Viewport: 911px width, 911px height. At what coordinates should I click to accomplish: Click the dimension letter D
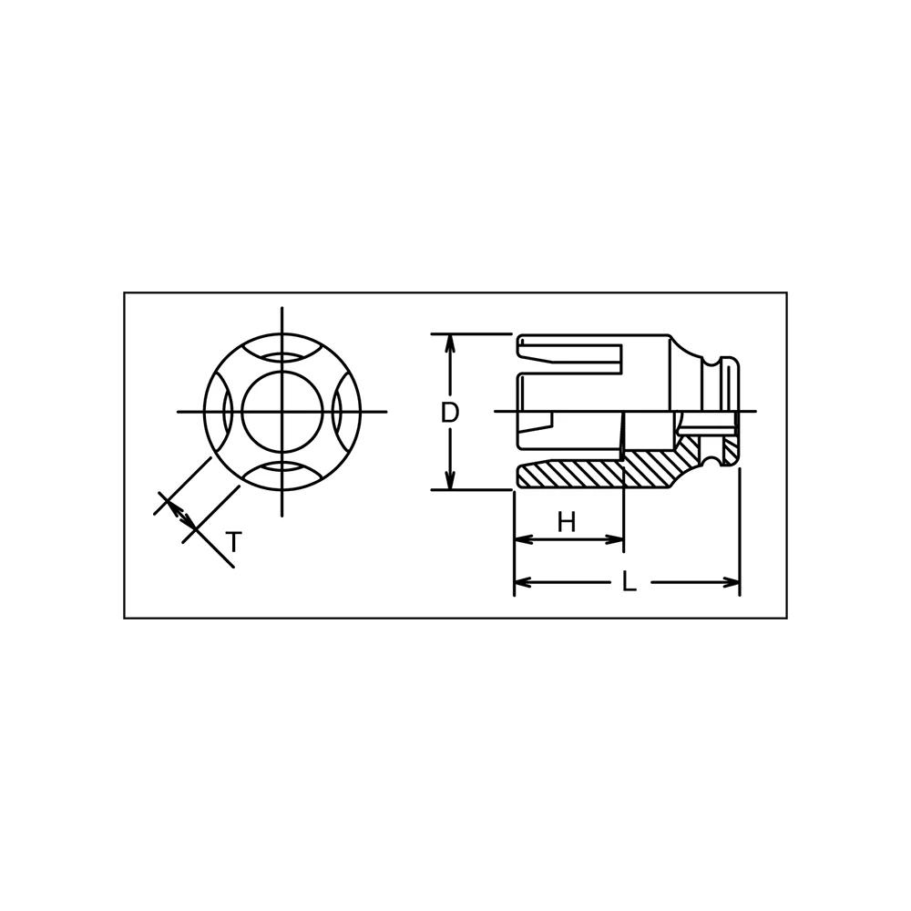point(450,412)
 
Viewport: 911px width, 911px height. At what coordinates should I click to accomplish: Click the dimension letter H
point(567,522)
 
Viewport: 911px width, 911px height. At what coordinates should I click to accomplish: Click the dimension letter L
point(629,581)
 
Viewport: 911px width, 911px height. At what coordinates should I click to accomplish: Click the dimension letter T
point(233,542)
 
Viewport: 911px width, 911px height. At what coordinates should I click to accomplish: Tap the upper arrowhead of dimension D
point(449,343)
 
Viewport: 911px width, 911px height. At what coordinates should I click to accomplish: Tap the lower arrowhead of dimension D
point(449,480)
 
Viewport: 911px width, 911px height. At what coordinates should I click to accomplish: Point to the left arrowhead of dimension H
point(524,539)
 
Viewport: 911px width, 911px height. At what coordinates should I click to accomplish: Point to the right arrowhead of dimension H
point(614,539)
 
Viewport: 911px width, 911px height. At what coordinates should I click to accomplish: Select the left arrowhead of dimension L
point(524,582)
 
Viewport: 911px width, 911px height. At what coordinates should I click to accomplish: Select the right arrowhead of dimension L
point(731,582)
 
